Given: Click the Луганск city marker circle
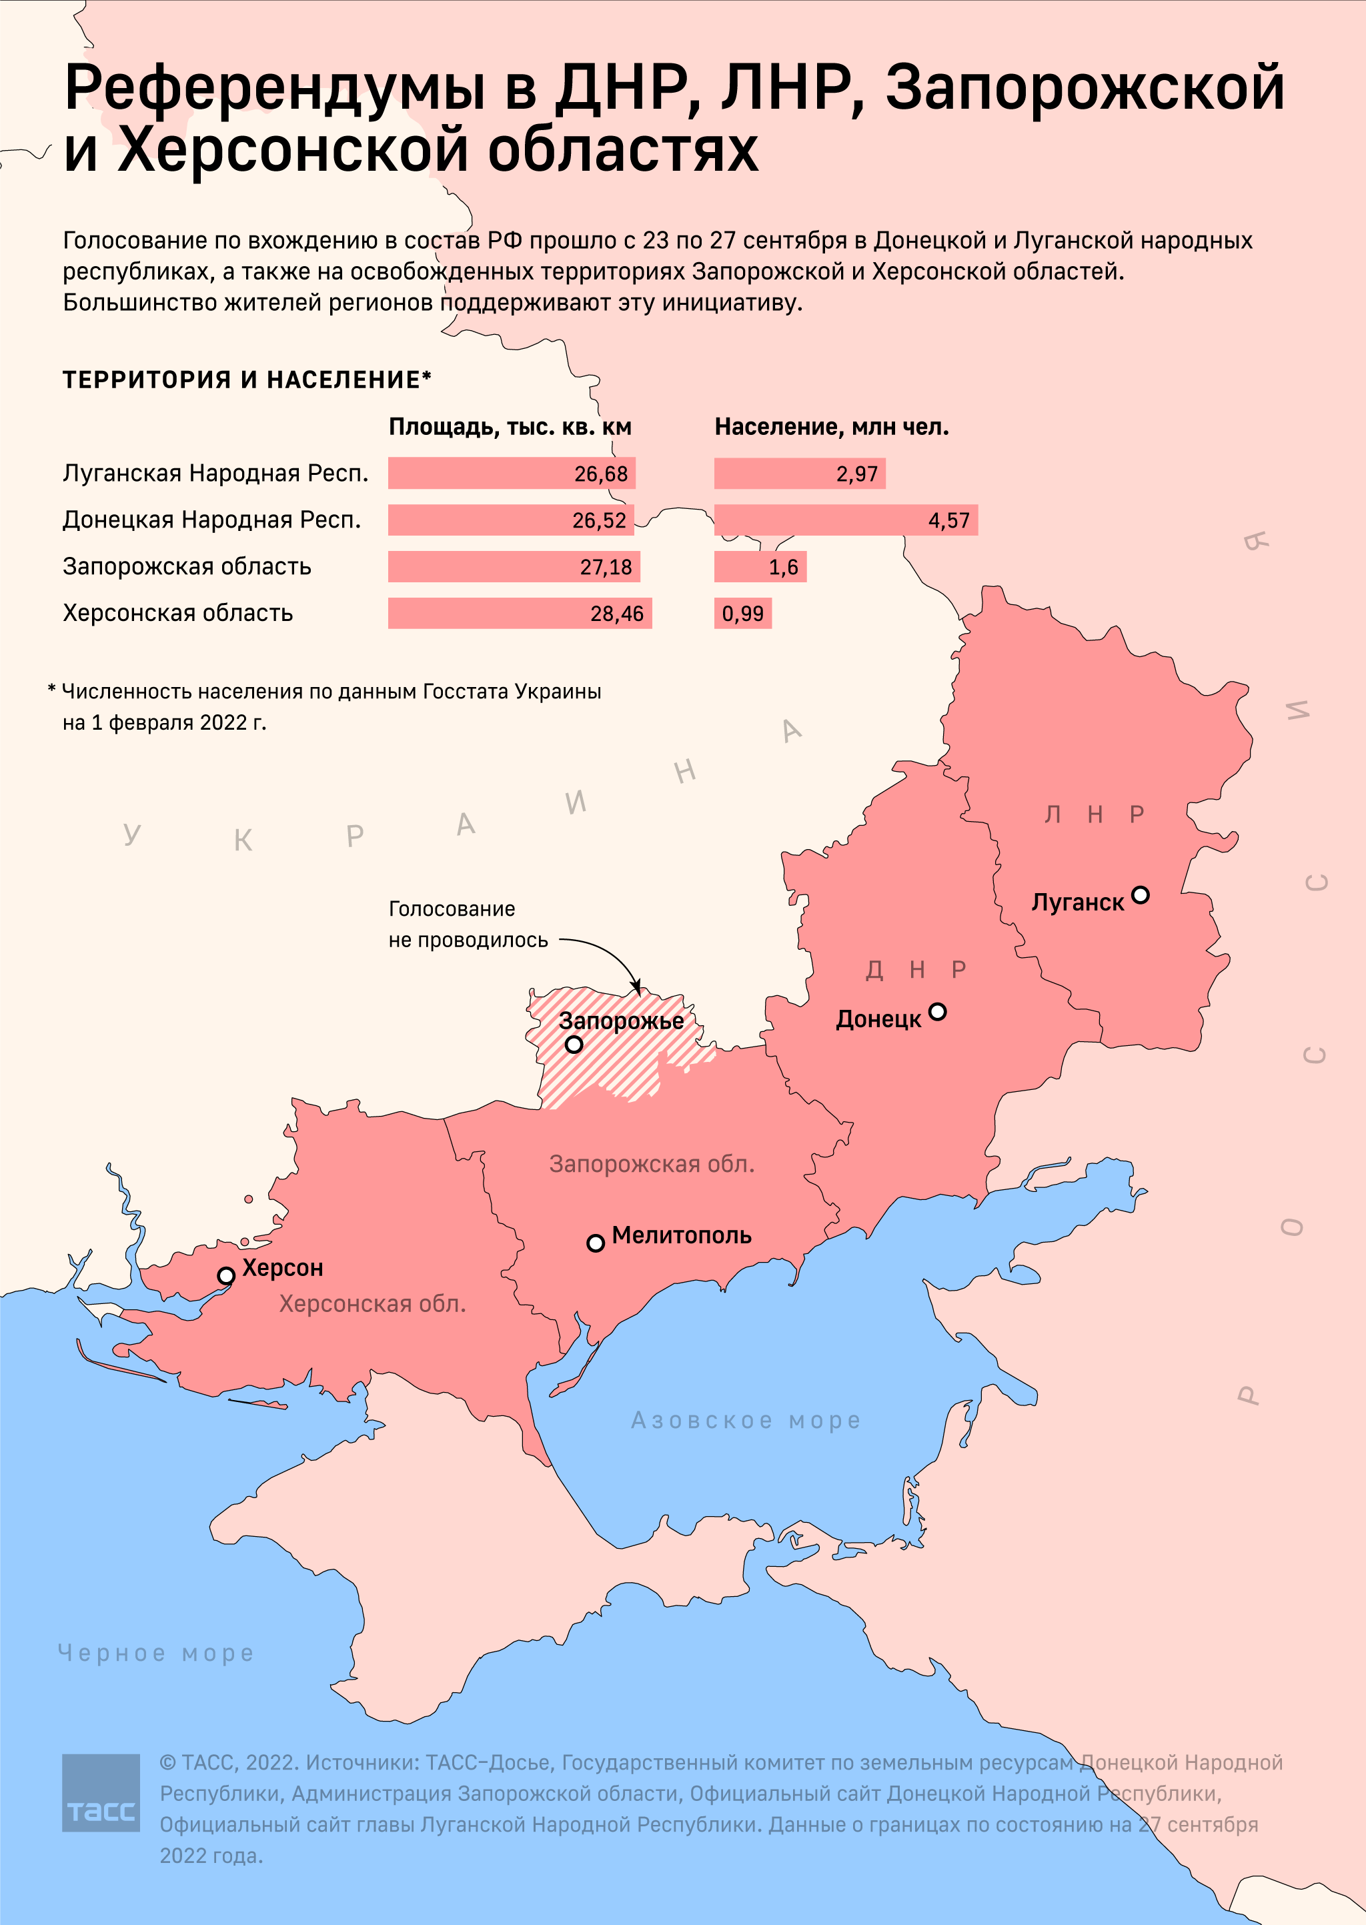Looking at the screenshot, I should click(x=1140, y=895).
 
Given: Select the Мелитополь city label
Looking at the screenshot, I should click(x=681, y=1235).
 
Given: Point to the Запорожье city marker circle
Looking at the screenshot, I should click(x=574, y=1045).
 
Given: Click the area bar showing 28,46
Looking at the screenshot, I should click(x=519, y=613).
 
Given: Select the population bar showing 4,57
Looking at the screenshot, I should click(x=844, y=520).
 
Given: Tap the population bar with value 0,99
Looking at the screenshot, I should click(x=742, y=613).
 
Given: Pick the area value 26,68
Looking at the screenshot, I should click(x=600, y=474).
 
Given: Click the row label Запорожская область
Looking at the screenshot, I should click(x=187, y=566).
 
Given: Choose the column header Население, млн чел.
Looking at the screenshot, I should click(x=831, y=426).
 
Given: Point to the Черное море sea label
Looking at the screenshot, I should click(x=155, y=1652).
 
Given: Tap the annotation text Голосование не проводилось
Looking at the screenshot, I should click(x=468, y=924).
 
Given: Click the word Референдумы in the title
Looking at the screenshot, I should click(x=274, y=87).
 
